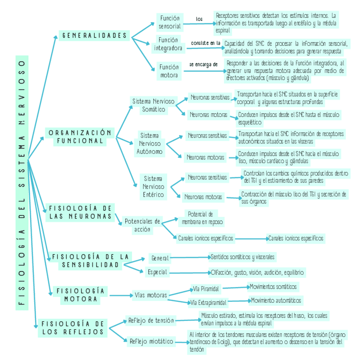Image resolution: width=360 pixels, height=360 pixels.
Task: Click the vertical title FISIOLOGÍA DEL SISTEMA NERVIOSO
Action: [22, 182]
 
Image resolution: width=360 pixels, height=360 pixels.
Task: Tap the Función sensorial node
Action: [170, 22]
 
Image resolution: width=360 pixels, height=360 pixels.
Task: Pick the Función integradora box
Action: [168, 44]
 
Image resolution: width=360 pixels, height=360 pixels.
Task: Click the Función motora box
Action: [169, 71]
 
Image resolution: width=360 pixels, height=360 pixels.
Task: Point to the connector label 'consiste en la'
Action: [205, 43]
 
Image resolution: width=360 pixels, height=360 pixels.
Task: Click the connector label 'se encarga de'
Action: [203, 65]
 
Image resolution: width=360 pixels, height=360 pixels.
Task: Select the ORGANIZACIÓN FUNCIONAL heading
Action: [80, 137]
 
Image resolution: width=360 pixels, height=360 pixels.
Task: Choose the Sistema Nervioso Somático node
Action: [153, 105]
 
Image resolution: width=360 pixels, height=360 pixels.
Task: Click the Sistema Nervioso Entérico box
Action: [153, 186]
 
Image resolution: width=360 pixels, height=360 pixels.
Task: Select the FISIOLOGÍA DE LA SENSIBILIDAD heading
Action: [90, 261]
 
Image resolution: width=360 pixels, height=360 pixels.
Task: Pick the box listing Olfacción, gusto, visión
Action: [257, 272]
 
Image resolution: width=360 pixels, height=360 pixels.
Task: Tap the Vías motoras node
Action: [151, 295]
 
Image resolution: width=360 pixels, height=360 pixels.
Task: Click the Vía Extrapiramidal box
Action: [208, 303]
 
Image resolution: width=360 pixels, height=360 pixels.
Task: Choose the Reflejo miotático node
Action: [151, 341]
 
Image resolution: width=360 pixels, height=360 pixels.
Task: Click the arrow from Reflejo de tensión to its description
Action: [187, 321]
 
